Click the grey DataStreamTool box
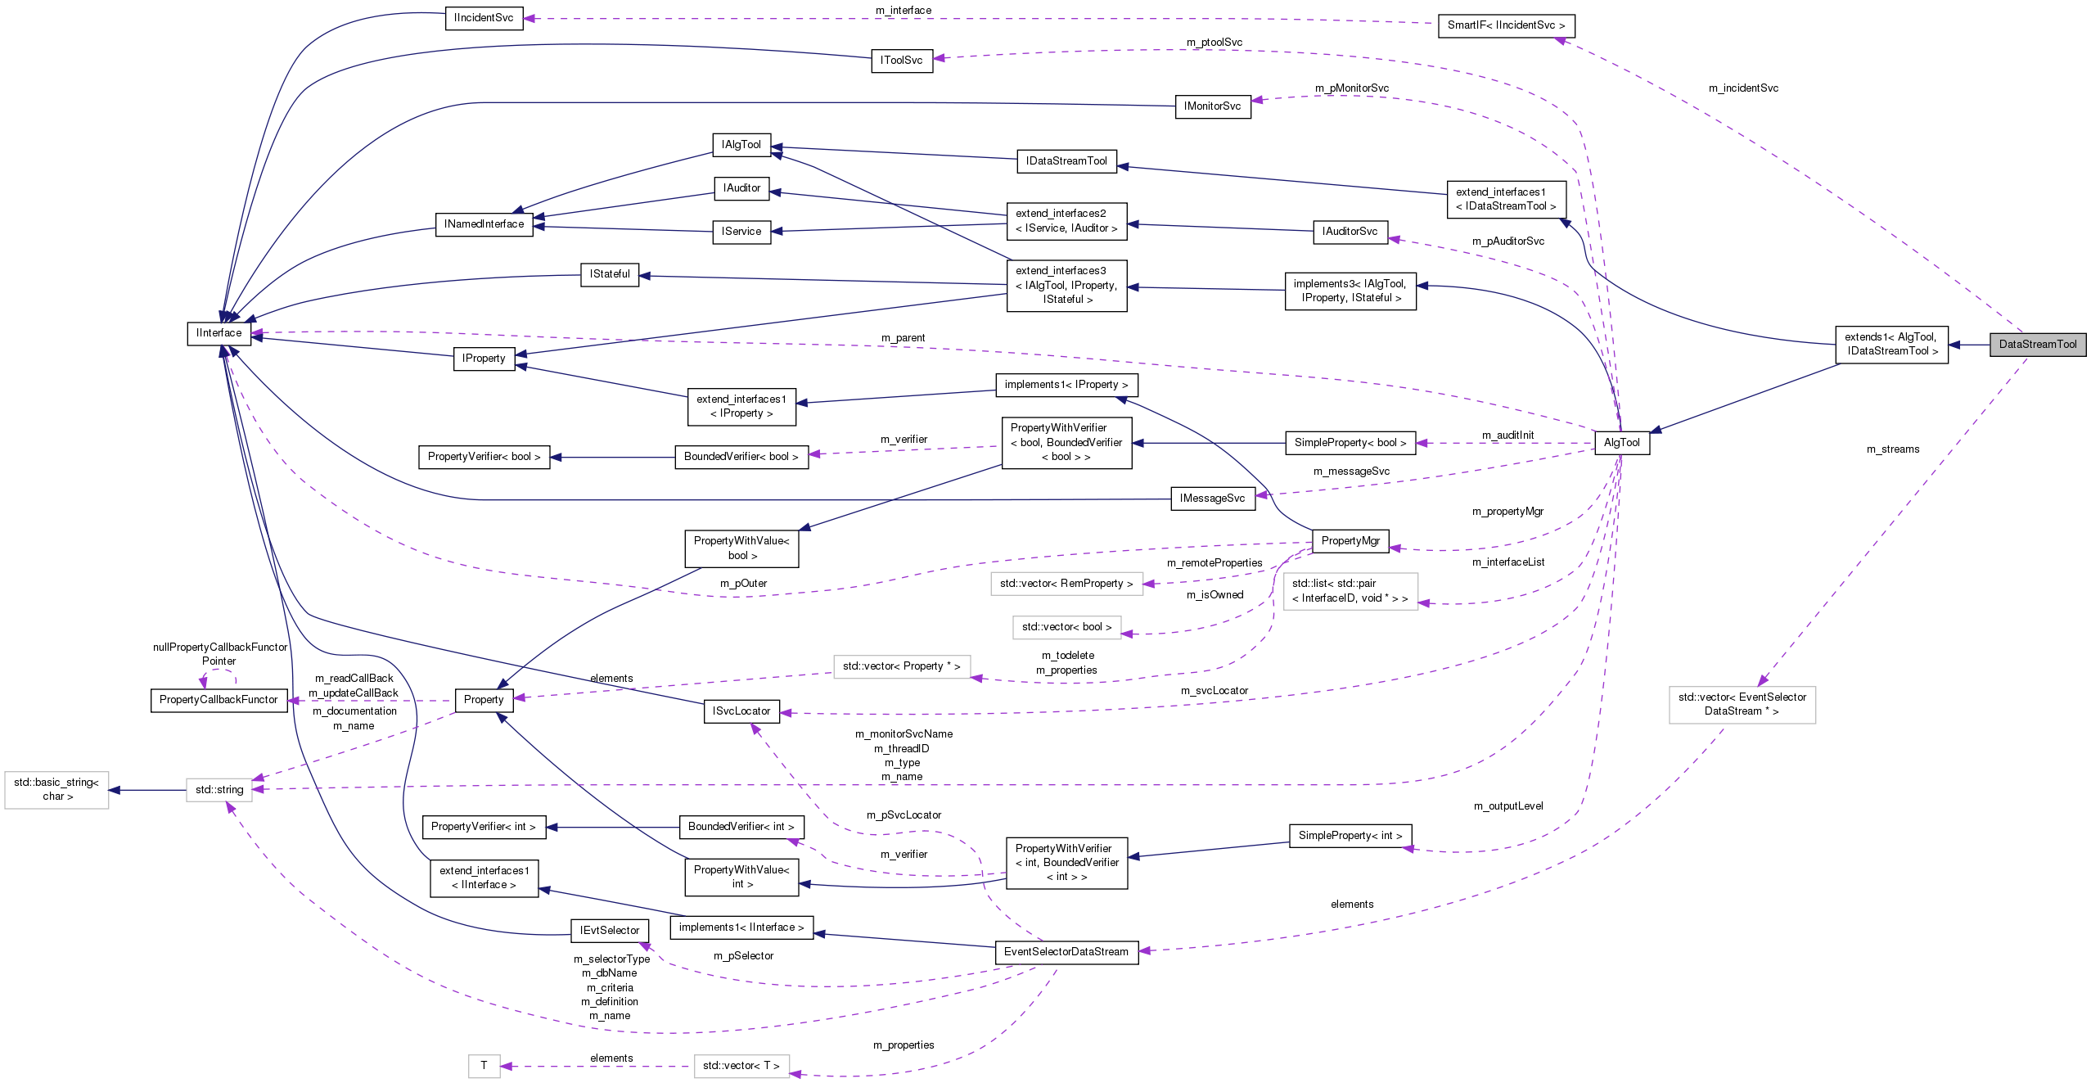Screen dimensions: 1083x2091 [2037, 345]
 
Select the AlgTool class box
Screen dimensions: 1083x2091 [1621, 443]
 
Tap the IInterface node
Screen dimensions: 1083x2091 [219, 333]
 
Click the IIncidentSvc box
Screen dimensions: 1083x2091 [484, 18]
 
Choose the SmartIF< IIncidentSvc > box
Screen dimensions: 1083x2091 [1505, 25]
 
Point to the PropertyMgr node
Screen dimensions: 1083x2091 [1350, 541]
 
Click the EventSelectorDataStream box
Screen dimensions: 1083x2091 [1066, 952]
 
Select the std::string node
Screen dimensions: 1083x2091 [219, 790]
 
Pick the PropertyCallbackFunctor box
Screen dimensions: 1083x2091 [219, 700]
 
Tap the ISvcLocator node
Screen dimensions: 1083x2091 [741, 711]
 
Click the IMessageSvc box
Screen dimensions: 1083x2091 [1212, 499]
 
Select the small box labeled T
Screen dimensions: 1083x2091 [484, 1066]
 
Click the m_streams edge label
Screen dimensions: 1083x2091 [1892, 449]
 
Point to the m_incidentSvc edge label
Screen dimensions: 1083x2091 [1743, 88]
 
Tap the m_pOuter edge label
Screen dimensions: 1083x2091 [743, 584]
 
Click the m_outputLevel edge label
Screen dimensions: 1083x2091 [1507, 806]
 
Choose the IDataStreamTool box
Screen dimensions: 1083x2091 [1066, 161]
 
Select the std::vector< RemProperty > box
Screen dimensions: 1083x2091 [1066, 584]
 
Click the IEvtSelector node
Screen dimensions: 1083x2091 [609, 931]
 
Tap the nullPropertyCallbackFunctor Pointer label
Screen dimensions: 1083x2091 [220, 654]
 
